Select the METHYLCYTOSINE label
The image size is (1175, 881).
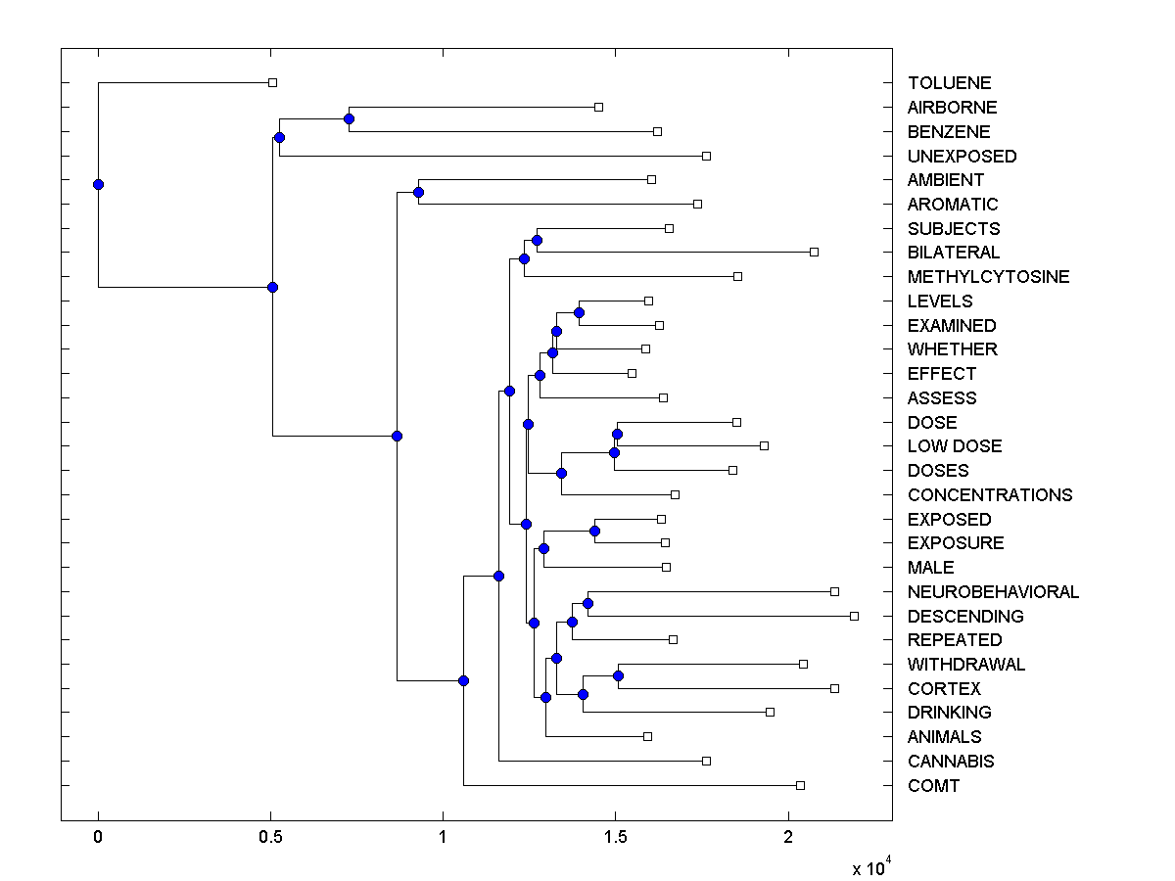988,277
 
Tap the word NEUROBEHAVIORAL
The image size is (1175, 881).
993,591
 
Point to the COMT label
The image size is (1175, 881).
933,785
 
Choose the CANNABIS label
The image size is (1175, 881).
950,761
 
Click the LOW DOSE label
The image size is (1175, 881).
955,446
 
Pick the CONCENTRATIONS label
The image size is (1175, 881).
990,494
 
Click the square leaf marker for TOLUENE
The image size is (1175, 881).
273,82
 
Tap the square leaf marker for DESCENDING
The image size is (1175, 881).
854,616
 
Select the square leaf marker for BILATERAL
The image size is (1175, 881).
814,252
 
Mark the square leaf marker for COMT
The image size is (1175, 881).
800,785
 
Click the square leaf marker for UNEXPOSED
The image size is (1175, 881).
706,156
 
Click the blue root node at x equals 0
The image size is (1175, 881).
98,184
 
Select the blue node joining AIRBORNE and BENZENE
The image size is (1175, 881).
349,118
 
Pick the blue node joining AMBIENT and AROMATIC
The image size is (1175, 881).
418,192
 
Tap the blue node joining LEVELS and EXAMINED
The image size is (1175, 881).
579,312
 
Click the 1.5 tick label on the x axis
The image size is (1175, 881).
615,836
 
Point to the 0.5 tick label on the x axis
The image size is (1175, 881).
270,836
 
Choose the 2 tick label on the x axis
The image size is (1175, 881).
788,836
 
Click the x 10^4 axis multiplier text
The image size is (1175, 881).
870,866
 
